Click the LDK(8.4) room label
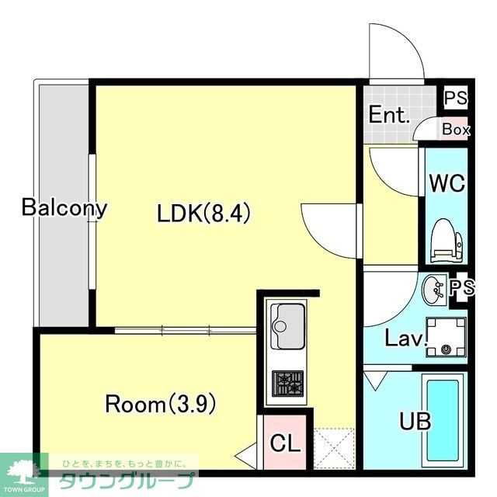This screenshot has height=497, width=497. pos(203,213)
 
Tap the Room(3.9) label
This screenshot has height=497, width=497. pos(161,404)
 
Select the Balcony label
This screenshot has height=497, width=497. pos(64,208)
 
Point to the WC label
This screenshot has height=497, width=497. pos(447,183)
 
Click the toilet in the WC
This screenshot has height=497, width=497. pos(447,241)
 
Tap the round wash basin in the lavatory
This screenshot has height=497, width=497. pos(434,290)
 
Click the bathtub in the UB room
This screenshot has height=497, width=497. pos(443,421)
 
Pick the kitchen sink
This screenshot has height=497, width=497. pos(287,326)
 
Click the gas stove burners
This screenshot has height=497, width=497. pos(288,384)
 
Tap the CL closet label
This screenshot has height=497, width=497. pos(285,443)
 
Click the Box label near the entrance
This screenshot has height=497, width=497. pos(456,130)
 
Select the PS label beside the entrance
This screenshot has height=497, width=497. pos(456,98)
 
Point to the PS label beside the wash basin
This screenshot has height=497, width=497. pos(462,287)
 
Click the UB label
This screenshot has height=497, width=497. pos(415,421)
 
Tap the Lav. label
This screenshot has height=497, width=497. pos(405,339)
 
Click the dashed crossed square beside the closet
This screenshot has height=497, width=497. pos(334,448)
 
